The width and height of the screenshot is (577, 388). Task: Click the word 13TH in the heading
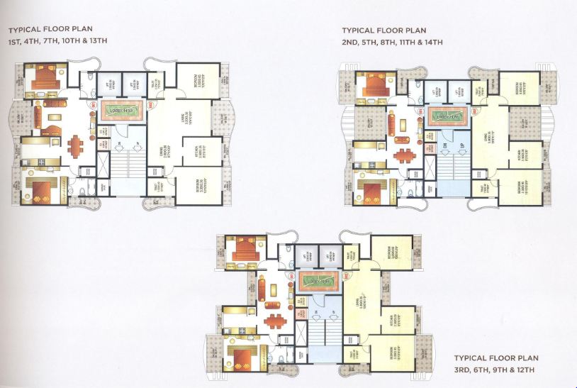click(x=96, y=41)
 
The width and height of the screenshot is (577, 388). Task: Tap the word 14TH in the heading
click(x=432, y=43)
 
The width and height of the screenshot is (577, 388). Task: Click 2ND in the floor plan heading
click(x=351, y=43)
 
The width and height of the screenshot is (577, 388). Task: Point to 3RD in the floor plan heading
click(x=462, y=370)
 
